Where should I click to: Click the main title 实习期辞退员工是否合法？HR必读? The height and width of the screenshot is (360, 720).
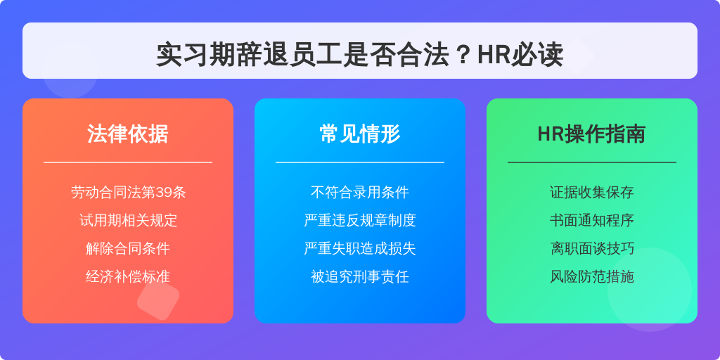[359, 55]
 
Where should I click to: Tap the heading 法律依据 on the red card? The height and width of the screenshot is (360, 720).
[128, 134]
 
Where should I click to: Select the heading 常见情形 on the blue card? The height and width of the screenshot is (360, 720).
[360, 134]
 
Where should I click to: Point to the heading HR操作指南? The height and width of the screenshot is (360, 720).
[591, 134]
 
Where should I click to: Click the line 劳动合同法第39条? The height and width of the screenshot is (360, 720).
[128, 192]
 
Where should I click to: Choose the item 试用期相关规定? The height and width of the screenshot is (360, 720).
[128, 220]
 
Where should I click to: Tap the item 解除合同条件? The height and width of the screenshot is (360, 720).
[128, 248]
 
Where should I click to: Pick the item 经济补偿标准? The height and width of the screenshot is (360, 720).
[128, 276]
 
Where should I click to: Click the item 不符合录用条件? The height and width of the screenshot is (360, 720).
[360, 192]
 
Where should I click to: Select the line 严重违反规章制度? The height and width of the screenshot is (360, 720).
[360, 220]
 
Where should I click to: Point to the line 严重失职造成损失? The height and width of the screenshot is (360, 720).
[360, 248]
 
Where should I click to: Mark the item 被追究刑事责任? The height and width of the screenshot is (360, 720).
[360, 276]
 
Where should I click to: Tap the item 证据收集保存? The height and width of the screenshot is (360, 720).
[592, 192]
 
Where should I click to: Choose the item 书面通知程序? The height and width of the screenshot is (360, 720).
[592, 220]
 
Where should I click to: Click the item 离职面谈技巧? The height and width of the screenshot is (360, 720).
[592, 248]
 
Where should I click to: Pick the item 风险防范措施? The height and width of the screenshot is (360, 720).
[592, 276]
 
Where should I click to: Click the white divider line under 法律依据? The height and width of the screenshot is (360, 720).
[128, 162]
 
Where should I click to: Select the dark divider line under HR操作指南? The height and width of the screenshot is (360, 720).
[592, 162]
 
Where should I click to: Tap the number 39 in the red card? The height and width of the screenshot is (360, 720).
[165, 192]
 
